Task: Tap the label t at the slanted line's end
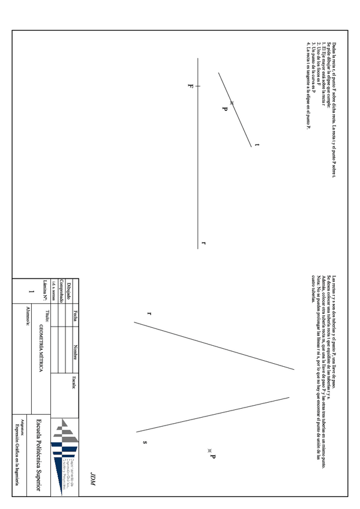(x=257, y=145)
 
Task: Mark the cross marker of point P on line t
(x=232, y=103)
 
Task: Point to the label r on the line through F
(x=204, y=243)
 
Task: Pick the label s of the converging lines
(x=145, y=442)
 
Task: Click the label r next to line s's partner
(x=149, y=313)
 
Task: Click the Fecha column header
(x=75, y=315)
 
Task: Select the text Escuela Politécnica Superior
(x=39, y=454)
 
